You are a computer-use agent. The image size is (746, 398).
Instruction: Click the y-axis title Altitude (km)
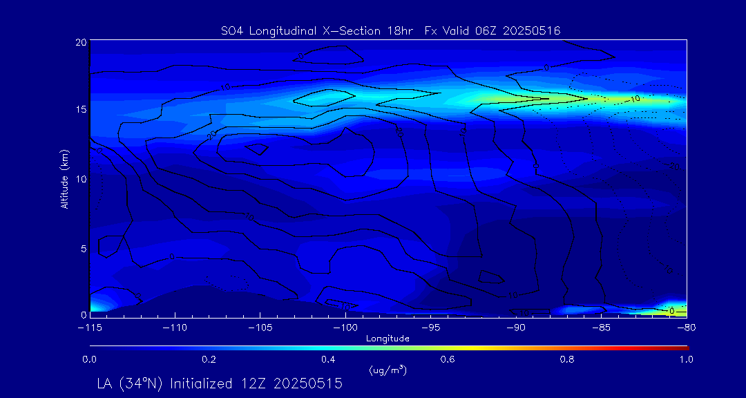[64, 178]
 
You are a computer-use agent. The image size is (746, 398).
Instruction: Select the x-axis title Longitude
[388, 339]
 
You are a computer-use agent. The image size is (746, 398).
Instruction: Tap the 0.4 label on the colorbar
[328, 359]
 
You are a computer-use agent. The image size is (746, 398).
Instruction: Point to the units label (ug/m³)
[388, 370]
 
